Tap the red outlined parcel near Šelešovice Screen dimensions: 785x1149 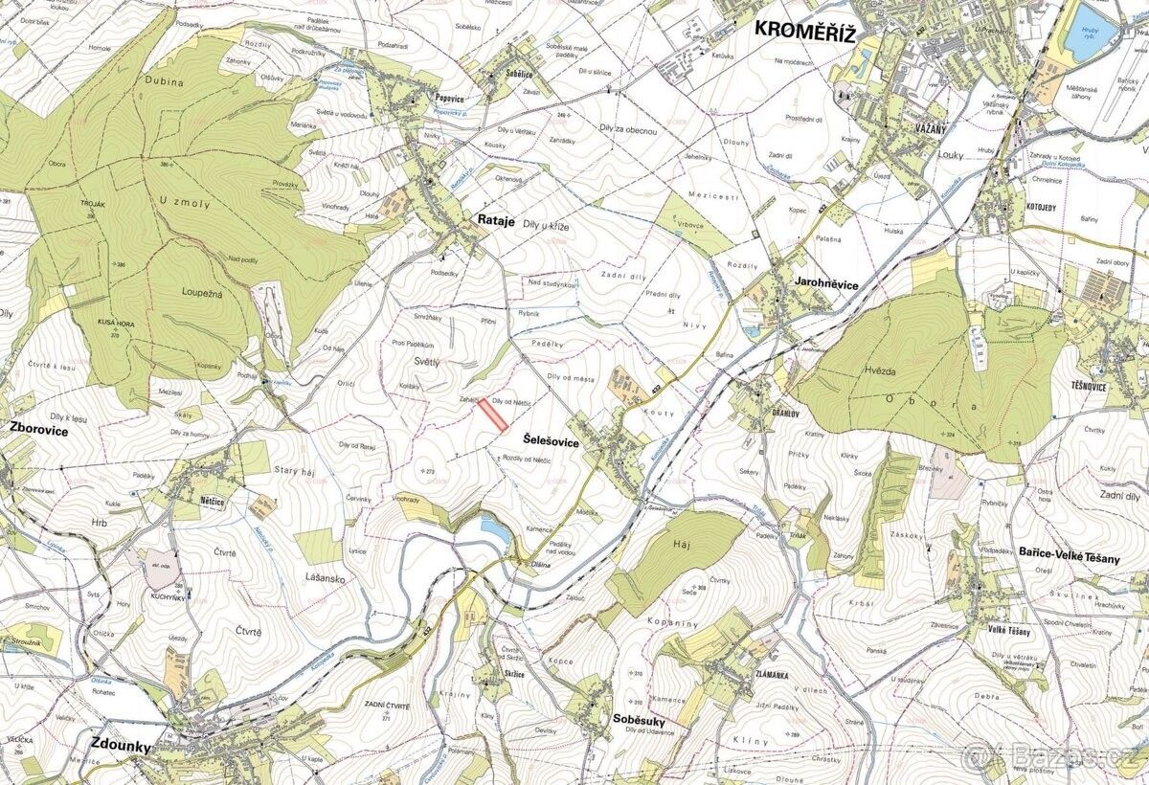click(x=493, y=415)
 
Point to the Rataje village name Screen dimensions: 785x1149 click(x=496, y=220)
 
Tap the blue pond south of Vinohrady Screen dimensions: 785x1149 click(x=494, y=526)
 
